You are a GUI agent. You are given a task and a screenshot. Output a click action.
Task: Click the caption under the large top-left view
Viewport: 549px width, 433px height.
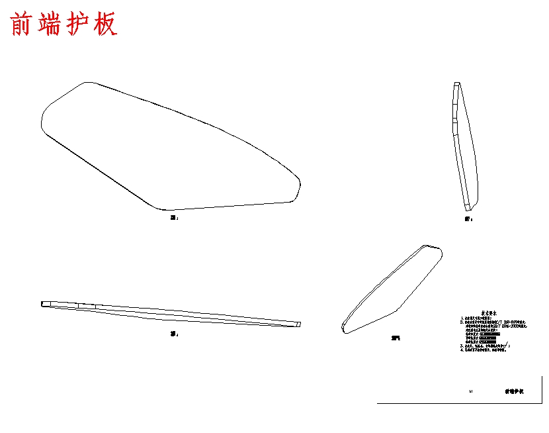coord(174,217)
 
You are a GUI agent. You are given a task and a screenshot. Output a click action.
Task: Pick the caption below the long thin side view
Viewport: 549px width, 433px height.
coord(174,334)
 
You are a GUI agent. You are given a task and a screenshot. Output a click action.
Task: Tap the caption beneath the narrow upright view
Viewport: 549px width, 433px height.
coord(468,218)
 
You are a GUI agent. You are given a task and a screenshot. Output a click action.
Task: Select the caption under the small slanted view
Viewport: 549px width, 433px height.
coord(396,338)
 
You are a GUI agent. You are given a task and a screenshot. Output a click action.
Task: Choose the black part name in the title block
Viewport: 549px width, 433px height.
coord(514,392)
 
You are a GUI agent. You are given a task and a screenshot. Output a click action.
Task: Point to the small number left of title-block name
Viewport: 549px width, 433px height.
coord(470,392)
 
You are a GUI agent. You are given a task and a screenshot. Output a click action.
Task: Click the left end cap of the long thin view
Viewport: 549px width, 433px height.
coord(46,305)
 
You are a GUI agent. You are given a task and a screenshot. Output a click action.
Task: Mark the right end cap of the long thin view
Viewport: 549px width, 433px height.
coord(298,324)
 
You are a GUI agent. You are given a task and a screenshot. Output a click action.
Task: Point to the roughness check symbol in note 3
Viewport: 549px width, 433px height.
coord(508,343)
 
